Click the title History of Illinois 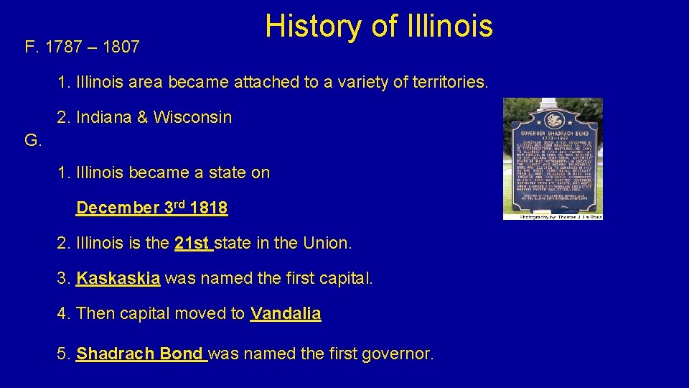pyautogui.click(x=379, y=27)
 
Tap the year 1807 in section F pyautogui.click(x=121, y=48)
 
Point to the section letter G pyautogui.click(x=33, y=140)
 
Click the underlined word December pyautogui.click(x=118, y=208)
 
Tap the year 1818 pyautogui.click(x=209, y=208)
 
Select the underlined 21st pyautogui.click(x=192, y=244)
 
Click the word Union pyautogui.click(x=327, y=244)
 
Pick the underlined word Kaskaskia pyautogui.click(x=118, y=279)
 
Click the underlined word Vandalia pyautogui.click(x=286, y=314)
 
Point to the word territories pyautogui.click(x=448, y=83)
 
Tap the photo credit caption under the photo pyautogui.click(x=553, y=216)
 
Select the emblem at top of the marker pyautogui.click(x=552, y=119)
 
